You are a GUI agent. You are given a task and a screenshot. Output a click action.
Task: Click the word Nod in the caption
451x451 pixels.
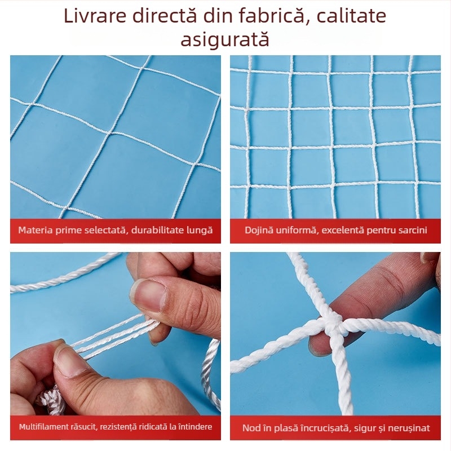point(252,428)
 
